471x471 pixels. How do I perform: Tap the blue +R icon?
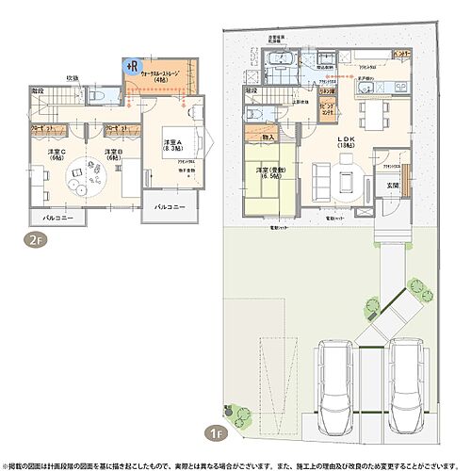coord(132,66)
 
